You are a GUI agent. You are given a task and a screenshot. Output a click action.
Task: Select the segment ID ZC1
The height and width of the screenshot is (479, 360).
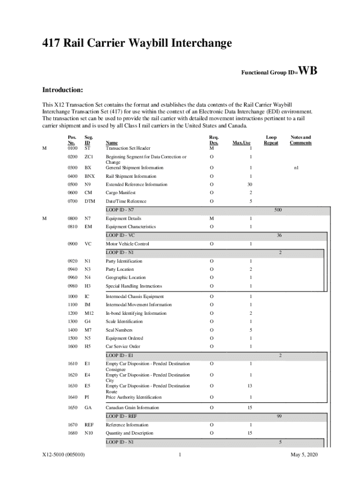89,157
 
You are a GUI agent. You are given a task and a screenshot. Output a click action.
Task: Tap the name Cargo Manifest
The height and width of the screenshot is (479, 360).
121,193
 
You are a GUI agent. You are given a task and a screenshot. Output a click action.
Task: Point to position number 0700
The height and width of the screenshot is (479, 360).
72,201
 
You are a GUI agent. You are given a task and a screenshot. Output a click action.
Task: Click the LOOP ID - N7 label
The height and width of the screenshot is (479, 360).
120,210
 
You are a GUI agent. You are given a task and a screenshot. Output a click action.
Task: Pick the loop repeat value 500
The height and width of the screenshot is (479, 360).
278,210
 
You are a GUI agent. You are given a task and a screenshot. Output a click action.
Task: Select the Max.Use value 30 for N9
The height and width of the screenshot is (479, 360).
250,184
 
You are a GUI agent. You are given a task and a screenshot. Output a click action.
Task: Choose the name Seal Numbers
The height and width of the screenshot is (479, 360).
119,330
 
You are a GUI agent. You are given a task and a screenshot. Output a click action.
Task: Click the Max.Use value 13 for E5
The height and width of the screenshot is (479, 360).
250,386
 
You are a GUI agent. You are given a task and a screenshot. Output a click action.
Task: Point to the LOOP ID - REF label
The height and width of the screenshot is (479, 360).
121,416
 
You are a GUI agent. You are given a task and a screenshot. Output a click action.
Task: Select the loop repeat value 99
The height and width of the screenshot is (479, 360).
279,416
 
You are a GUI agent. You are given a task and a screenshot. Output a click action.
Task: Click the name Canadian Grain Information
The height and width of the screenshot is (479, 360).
132,407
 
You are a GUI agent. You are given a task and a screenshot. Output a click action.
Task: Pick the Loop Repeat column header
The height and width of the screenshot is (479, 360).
271,140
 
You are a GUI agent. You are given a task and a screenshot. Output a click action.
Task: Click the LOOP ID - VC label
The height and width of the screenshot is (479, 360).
120,235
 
